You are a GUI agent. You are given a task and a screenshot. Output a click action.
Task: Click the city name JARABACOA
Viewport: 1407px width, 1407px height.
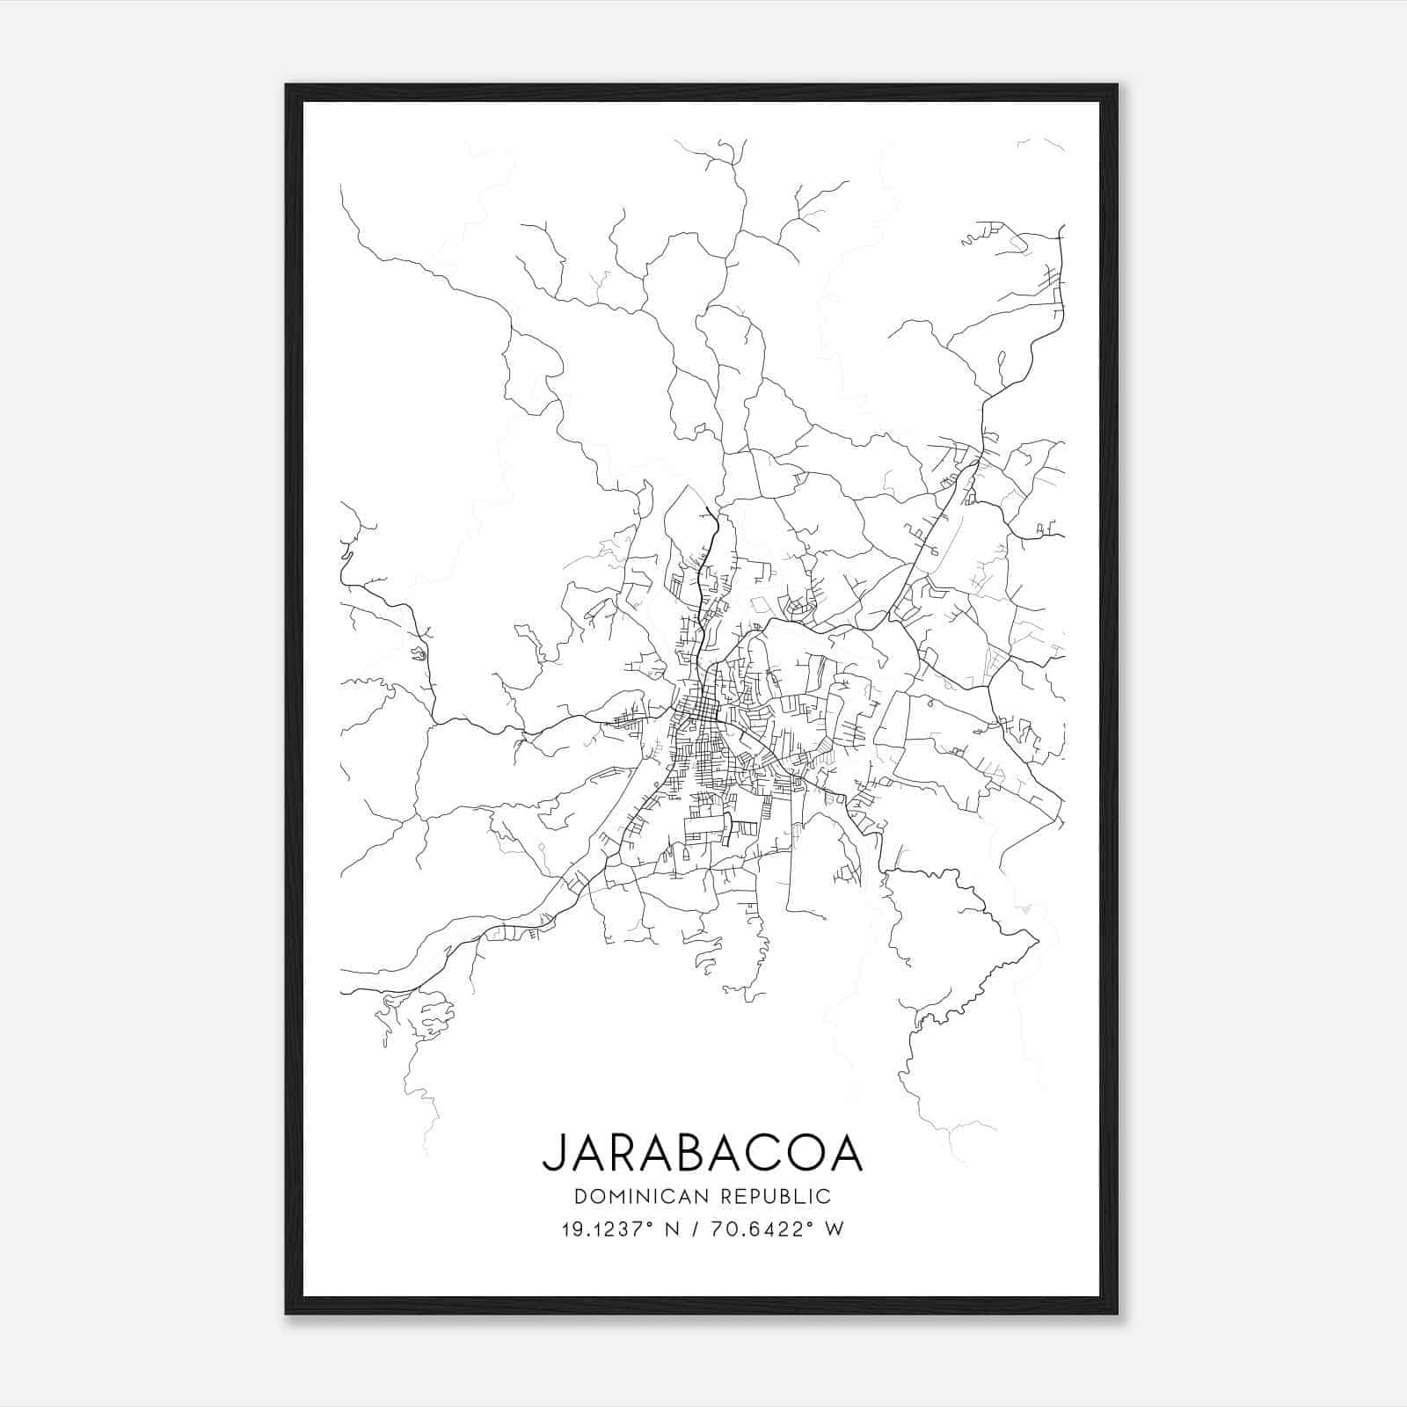(702, 1153)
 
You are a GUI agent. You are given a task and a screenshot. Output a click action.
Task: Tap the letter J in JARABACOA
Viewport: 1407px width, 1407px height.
(551, 1153)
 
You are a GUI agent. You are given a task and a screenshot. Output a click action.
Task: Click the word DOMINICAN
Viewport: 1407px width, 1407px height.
(639, 1196)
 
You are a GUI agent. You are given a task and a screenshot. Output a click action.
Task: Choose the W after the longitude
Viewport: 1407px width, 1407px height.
(835, 1229)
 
